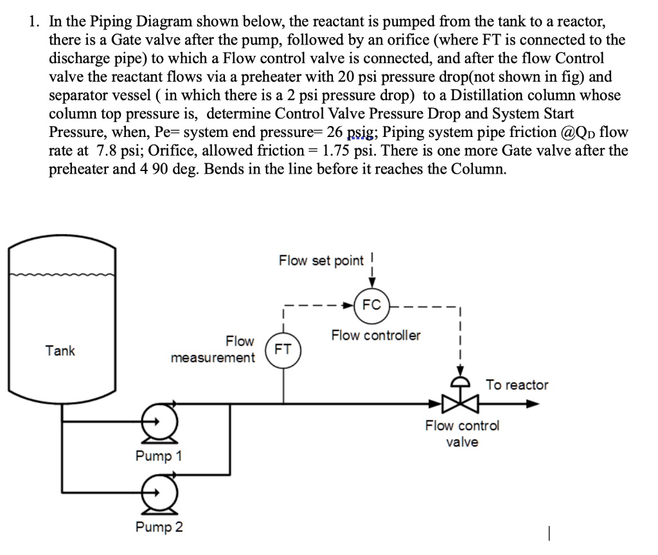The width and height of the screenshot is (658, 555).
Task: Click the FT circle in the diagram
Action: point(283,350)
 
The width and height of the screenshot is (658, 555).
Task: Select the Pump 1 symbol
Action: point(155,423)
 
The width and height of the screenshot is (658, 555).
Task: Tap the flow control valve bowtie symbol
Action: point(460,404)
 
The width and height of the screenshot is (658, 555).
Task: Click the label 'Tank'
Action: point(60,350)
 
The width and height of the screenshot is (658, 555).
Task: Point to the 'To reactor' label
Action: point(517,385)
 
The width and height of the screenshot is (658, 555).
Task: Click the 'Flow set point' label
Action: point(321,260)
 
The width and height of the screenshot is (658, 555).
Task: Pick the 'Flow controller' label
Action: point(376,335)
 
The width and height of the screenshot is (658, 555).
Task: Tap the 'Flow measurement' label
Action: point(213,349)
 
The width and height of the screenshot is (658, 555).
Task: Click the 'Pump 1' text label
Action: point(159,456)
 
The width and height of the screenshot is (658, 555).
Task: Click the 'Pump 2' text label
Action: point(159,527)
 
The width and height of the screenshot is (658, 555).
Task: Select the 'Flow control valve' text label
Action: point(462,433)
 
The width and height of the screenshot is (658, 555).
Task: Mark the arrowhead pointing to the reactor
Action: point(532,404)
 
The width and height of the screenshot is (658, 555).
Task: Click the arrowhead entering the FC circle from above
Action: point(371,286)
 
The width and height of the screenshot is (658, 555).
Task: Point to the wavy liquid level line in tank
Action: point(62,275)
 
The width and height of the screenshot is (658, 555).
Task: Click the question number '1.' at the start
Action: point(34,22)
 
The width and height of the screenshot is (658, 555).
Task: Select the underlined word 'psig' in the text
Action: point(360,133)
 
